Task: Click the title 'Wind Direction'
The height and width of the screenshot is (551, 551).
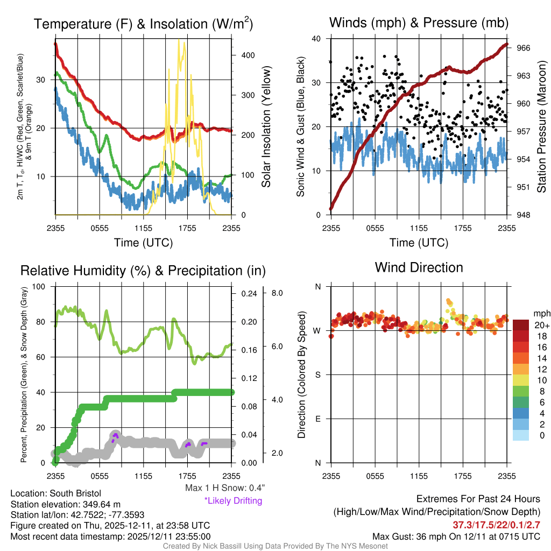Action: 419,267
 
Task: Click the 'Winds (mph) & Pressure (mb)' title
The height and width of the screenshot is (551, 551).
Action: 419,23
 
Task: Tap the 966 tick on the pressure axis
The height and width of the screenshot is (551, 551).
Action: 523,48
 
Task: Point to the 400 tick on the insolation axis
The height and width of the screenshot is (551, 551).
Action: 247,55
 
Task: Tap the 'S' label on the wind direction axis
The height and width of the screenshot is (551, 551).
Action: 317,375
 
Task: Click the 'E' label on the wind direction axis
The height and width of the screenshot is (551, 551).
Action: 317,419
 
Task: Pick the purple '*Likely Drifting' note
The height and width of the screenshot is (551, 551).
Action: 233,500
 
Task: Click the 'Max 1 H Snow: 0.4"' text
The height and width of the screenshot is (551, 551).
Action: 224,488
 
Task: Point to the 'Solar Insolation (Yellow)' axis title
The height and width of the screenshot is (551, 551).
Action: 266,126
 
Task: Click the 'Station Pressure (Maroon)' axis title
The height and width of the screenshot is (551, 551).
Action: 542,126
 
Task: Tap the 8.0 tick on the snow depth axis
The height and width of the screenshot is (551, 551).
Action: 277,293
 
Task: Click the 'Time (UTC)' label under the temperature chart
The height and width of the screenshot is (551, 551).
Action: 143,243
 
